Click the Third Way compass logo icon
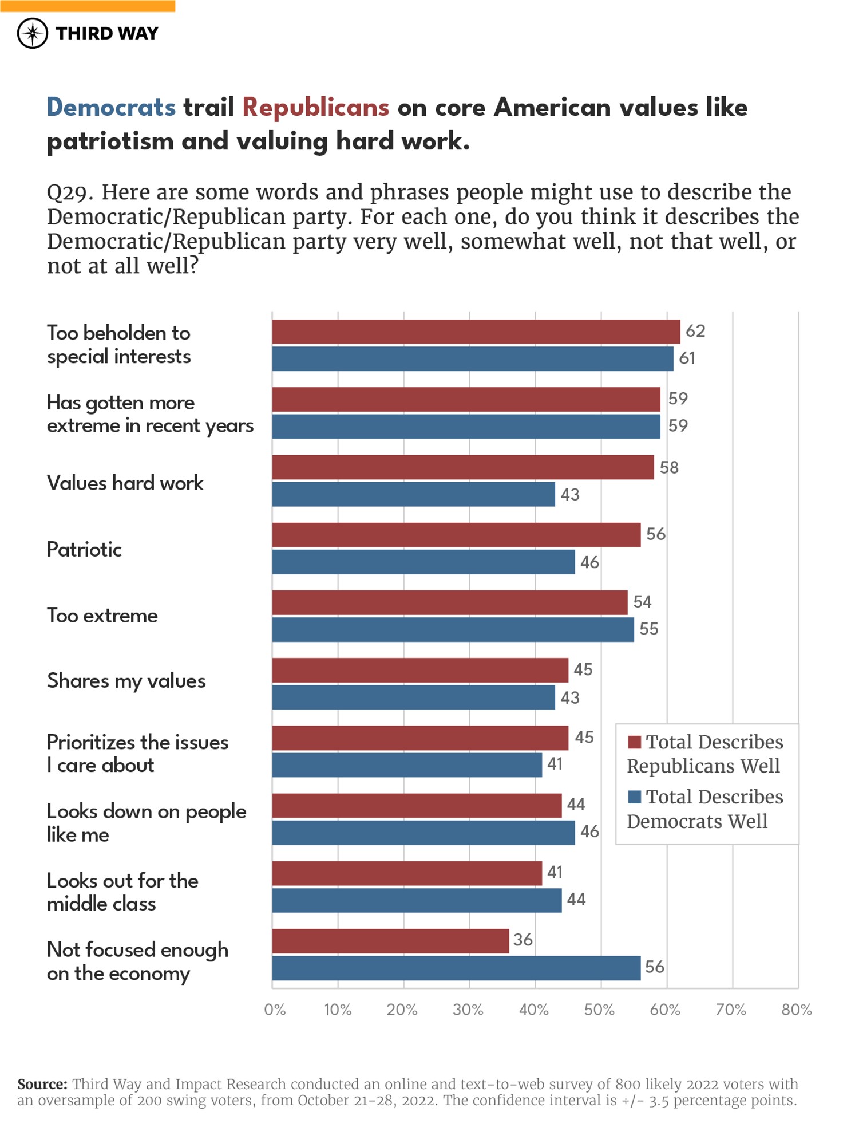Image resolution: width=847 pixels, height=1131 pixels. coord(33,33)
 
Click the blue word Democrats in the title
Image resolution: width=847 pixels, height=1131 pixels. coord(111,108)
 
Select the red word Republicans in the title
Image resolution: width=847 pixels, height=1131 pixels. coord(315,108)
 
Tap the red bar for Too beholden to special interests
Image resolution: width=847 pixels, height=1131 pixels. coord(475,332)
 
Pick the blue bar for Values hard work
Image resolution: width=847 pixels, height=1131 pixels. coord(413,494)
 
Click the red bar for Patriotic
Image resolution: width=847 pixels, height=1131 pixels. coord(456,535)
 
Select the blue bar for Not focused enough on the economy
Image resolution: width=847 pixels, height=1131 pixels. coord(456,968)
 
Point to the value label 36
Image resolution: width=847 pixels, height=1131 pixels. coord(523,940)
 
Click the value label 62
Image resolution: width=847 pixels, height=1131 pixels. coord(695,331)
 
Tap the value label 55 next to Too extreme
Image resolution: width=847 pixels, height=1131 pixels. coord(648,629)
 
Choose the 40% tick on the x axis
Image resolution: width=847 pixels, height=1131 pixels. coord(533,1010)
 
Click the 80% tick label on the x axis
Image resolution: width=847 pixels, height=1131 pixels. coord(796,1010)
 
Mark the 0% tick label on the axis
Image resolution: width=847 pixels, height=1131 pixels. coord(275,1010)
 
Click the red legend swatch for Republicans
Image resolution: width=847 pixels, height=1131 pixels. coord(634,742)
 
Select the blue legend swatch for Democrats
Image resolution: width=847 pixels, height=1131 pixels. coord(634,797)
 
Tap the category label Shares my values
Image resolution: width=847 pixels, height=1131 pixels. coord(126,681)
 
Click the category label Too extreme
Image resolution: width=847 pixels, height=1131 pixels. coord(102,616)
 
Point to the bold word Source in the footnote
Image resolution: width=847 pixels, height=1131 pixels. coord(42,1084)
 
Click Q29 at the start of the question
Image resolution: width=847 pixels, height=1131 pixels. coord(69,192)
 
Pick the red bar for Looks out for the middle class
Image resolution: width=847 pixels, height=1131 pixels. coord(406,873)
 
